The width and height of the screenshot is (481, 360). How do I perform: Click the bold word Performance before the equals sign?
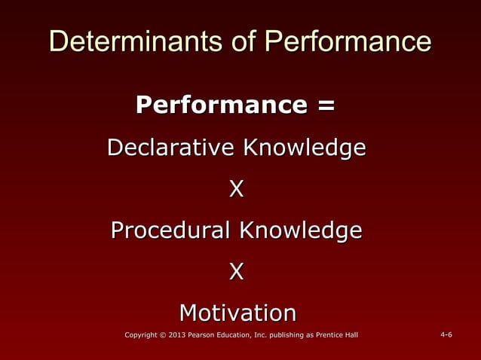tap(222, 105)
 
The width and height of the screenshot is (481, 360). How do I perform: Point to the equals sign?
tap(326, 105)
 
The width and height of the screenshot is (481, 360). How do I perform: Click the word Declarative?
tap(170, 147)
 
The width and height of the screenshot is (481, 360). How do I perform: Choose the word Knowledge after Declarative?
tap(303, 148)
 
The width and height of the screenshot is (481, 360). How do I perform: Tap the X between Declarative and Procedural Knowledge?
tap(237, 188)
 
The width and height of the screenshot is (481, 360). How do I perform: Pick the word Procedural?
tap(171, 230)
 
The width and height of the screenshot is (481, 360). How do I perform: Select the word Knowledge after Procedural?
tap(301, 230)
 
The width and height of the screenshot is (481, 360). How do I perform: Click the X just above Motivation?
tap(237, 271)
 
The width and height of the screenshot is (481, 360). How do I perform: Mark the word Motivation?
tap(237, 312)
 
